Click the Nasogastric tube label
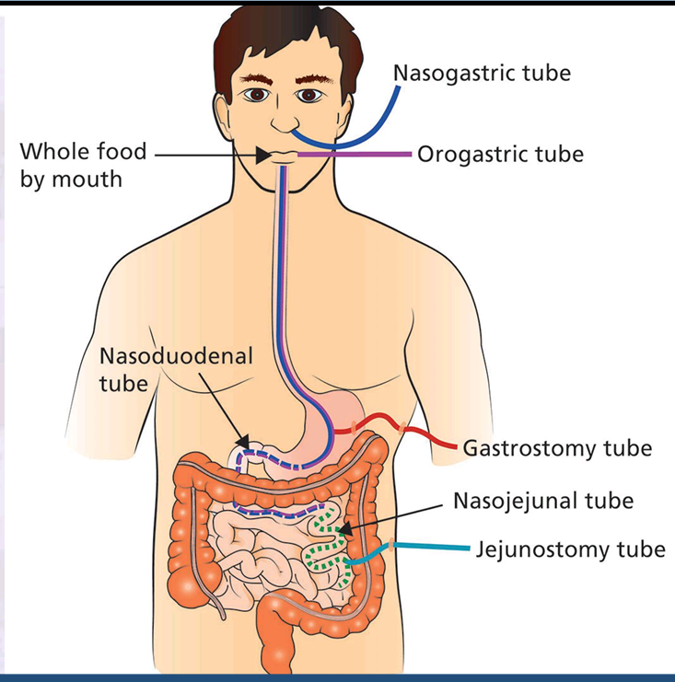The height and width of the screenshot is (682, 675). click(x=482, y=72)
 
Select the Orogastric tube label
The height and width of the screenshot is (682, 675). click(x=500, y=154)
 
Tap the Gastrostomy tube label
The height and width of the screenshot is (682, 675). click(x=557, y=448)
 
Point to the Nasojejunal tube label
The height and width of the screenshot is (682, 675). click(x=542, y=501)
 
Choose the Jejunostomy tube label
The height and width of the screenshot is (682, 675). click(x=570, y=549)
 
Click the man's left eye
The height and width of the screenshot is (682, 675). click(x=308, y=95)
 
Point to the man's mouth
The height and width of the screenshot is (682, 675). click(x=285, y=154)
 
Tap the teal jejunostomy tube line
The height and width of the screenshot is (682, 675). click(x=433, y=548)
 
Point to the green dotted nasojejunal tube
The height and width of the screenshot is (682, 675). click(x=322, y=552)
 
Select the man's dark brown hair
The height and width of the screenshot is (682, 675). click(x=276, y=28)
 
